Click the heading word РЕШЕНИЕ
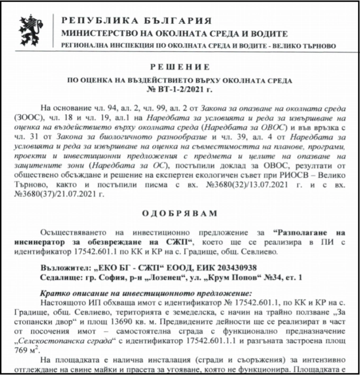[x=180, y=67]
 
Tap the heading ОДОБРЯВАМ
[x=180, y=213]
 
